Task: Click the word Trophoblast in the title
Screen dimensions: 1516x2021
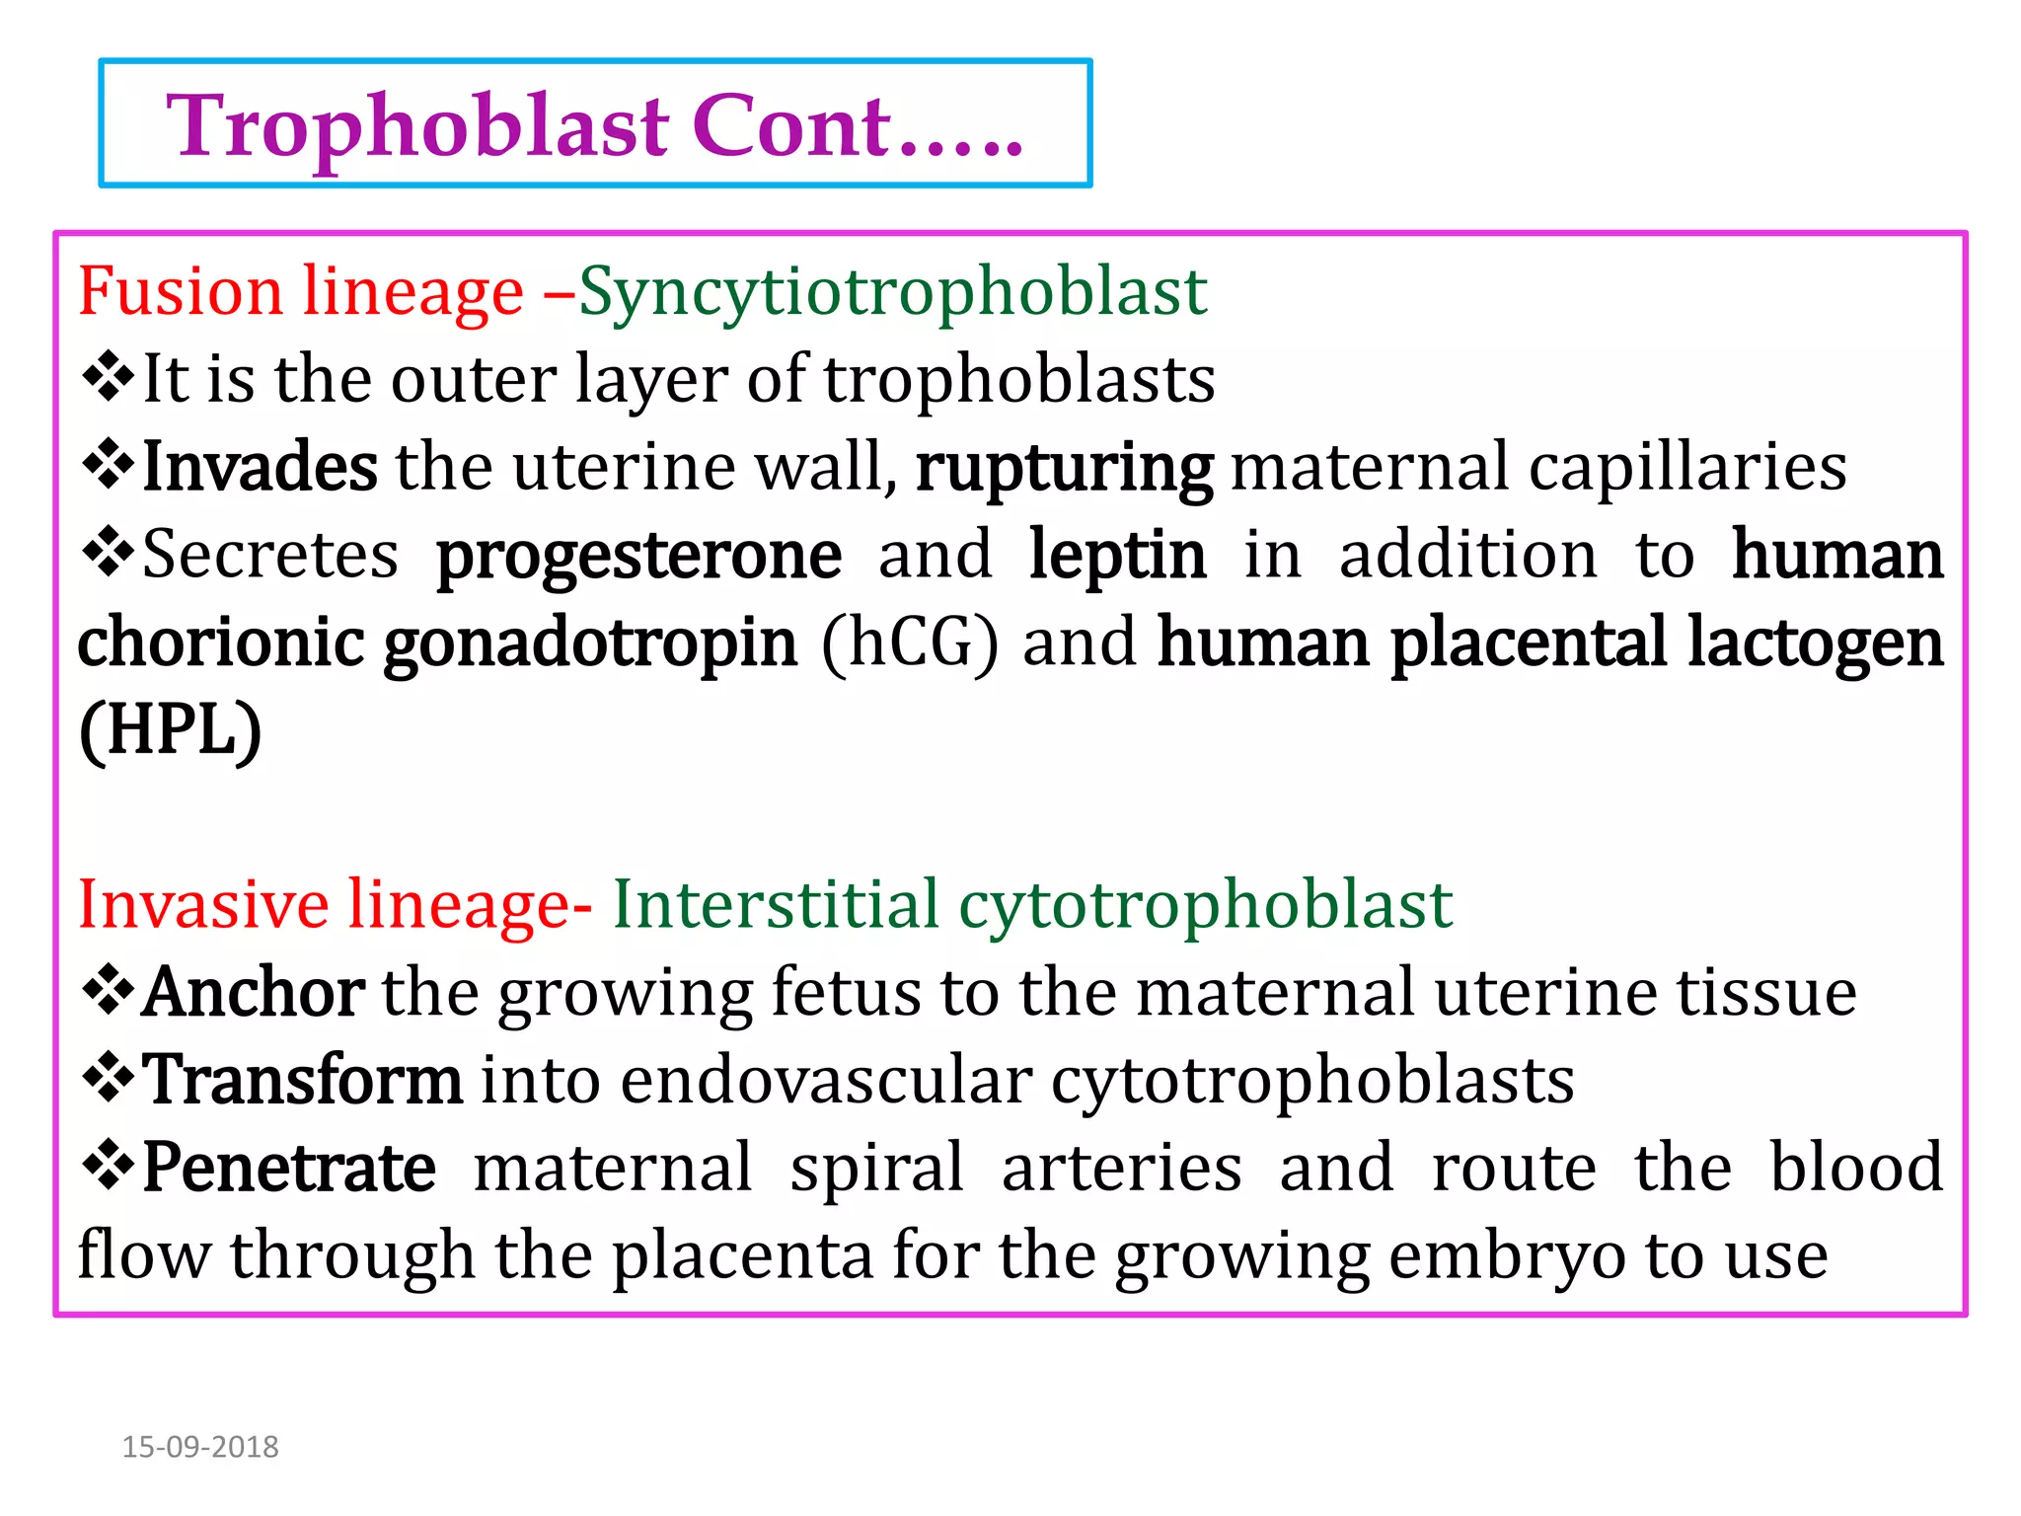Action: (418, 126)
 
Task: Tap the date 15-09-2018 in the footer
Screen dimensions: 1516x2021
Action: (200, 1447)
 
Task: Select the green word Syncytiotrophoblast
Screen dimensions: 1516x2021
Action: (893, 292)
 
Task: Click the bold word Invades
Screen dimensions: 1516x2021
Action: (260, 467)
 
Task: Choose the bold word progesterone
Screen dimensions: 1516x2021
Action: (638, 556)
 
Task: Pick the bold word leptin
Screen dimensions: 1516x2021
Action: (1117, 556)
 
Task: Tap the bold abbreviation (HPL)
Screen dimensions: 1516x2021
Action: (171, 730)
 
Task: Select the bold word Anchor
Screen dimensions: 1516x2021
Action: (254, 992)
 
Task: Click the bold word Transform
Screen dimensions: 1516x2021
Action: (302, 1080)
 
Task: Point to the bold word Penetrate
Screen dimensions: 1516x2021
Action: (289, 1168)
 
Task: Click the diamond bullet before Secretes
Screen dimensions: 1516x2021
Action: (108, 552)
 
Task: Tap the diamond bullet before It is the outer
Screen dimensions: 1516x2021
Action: (108, 376)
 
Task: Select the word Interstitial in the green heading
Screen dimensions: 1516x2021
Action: (776, 904)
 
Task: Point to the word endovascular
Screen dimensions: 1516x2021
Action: (826, 1080)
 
